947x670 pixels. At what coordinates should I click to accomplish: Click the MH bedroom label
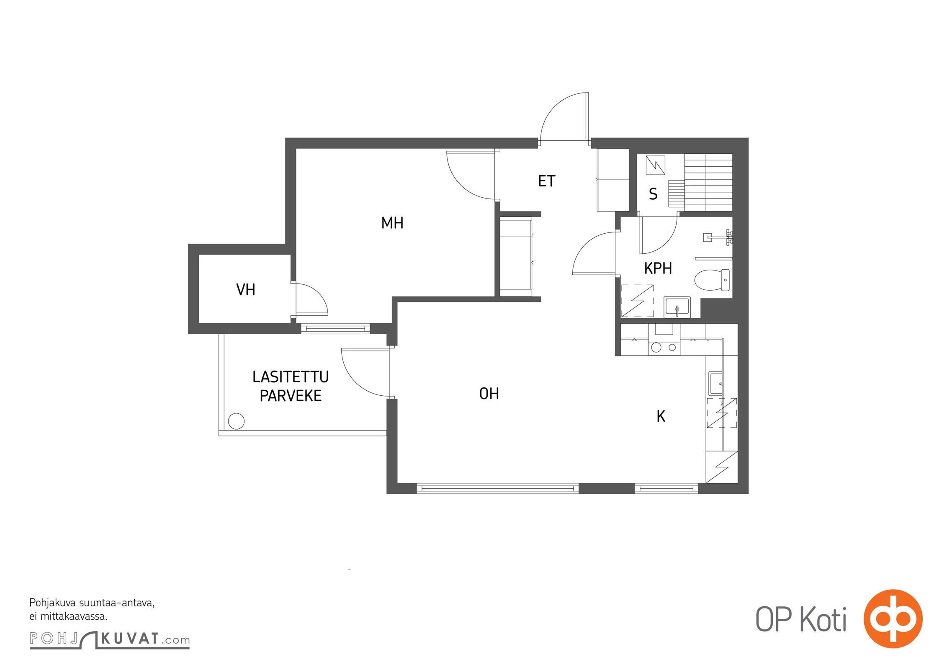coord(392,223)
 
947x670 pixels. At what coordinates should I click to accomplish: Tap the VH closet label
coord(246,289)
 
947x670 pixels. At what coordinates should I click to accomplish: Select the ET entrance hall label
coord(547,181)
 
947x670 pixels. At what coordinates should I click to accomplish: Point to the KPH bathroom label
coord(658,268)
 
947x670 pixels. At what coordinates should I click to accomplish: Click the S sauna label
coord(653,194)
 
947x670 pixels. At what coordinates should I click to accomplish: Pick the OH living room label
coord(489,394)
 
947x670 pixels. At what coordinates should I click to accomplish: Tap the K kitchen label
coord(661,416)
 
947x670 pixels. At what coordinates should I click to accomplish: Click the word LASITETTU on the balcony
coord(291,377)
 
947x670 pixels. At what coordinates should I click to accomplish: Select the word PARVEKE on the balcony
coord(291,396)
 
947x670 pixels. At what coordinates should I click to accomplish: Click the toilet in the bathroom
coord(712,280)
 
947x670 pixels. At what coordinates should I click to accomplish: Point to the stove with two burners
coord(664,347)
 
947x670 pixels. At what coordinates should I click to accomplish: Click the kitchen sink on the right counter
coord(715,384)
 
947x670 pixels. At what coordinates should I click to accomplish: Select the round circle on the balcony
coord(236,421)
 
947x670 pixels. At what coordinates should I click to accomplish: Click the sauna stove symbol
coord(656,165)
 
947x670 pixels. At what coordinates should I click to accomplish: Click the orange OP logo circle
coord(893,619)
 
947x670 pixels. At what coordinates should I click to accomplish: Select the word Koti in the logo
coord(824,620)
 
